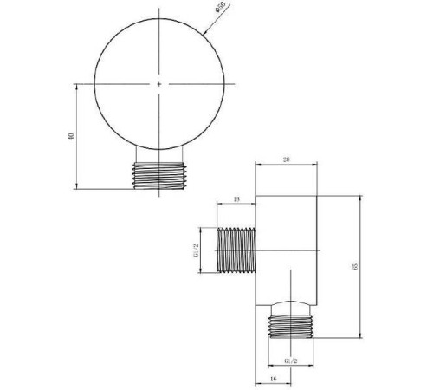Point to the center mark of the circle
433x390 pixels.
coord(160,84)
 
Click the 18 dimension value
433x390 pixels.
coord(236,199)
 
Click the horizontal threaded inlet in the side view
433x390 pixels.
coord(236,251)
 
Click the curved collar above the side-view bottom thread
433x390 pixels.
coord(292,307)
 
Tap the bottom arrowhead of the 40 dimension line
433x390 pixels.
coord(76,186)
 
